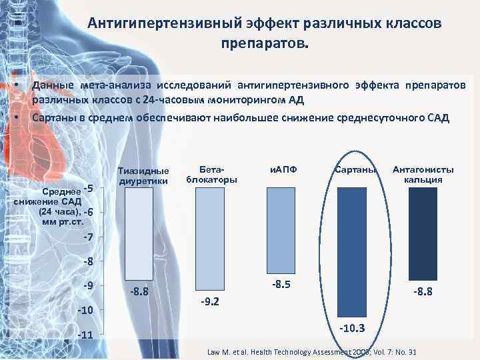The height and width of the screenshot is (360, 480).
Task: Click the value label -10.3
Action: pos(352,328)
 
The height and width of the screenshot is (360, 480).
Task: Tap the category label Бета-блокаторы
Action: pos(211,175)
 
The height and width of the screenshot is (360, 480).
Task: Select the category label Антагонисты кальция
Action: pos(423,175)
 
